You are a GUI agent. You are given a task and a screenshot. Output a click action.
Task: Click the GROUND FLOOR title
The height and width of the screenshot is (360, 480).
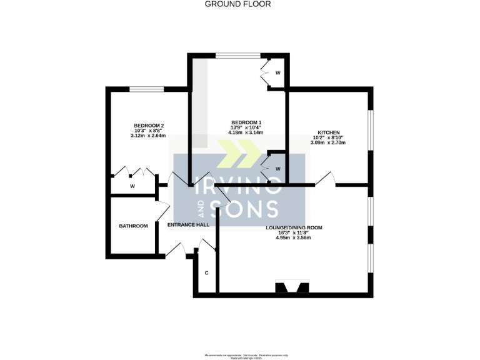[238, 4]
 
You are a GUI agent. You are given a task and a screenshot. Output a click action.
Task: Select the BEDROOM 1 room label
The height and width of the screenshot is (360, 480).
[246, 122]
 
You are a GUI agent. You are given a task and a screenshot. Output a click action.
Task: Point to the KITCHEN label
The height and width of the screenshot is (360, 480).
[328, 132]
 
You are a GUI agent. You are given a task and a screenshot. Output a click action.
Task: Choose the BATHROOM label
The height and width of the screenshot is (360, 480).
[134, 226]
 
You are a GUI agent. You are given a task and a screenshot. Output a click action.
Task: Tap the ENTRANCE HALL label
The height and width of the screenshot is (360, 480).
[188, 225]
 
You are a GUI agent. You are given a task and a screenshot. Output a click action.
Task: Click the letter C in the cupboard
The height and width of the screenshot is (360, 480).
[206, 273]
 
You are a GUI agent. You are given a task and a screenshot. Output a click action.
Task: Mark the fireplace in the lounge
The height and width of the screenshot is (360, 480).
[292, 287]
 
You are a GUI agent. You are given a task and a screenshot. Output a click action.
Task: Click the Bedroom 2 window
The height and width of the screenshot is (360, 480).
[147, 89]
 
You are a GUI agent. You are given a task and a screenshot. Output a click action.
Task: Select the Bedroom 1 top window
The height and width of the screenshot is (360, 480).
[237, 55]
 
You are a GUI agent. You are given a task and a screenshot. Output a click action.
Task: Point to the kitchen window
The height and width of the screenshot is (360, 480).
[370, 131]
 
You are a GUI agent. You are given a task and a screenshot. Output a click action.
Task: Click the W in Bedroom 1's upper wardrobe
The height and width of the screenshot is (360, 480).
[277, 73]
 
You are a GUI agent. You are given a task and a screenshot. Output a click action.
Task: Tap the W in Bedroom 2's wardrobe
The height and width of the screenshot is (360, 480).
[132, 186]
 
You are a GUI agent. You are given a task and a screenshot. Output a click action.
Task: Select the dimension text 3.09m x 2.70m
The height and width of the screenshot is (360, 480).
[328, 143]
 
